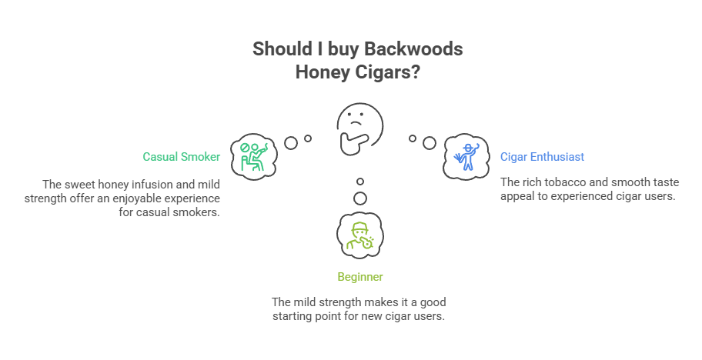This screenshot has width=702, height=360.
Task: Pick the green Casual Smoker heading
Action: pyautogui.click(x=182, y=156)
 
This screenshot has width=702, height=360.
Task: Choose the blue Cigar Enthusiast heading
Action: pyautogui.click(x=542, y=156)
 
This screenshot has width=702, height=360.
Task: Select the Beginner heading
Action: pyautogui.click(x=360, y=276)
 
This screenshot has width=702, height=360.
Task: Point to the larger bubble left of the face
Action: pyautogui.click(x=291, y=142)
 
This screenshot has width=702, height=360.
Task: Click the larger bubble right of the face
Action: pyautogui.click(x=430, y=142)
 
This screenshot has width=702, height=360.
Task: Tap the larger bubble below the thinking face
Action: pyautogui.click(x=359, y=198)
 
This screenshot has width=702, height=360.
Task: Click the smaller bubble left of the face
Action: pyautogui.click(x=308, y=138)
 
